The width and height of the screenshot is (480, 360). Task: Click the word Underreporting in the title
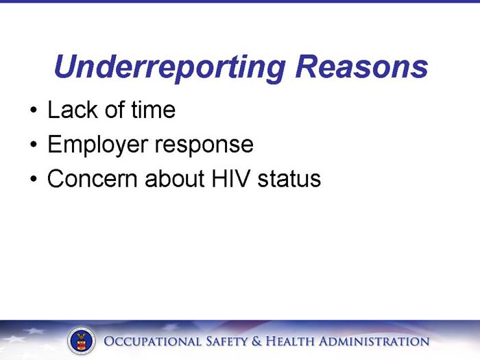click(169, 68)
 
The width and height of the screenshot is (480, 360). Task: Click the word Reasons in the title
click(361, 68)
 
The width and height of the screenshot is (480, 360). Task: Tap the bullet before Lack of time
click(33, 111)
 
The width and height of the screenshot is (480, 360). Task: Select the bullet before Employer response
click(33, 145)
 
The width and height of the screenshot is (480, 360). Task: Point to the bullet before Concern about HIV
click(33, 180)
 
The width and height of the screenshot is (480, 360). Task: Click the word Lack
click(69, 110)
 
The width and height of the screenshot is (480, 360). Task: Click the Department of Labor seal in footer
click(82, 341)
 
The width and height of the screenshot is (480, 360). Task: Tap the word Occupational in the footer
click(153, 341)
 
